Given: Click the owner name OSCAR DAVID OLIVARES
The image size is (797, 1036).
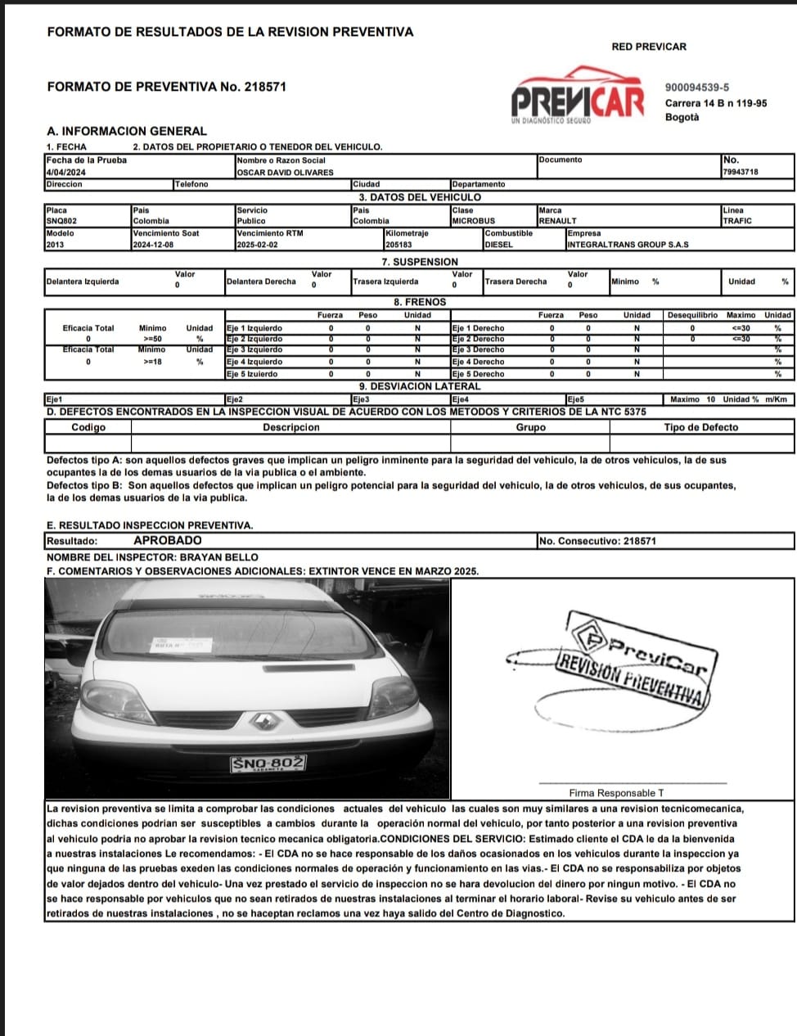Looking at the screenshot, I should coord(284,173).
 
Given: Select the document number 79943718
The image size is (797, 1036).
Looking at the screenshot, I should coord(741,173).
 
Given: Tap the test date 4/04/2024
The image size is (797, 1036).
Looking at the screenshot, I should coord(65,173).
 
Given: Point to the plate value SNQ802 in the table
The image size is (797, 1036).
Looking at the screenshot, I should coord(62,221).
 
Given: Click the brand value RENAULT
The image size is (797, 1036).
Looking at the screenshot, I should coord(557,221).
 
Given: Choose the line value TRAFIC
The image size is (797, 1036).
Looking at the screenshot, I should coord(736,221).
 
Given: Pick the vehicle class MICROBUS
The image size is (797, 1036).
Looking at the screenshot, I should coord(473,221).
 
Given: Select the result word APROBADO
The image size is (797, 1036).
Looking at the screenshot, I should coord(167,541).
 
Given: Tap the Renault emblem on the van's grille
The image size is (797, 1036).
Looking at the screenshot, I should coord(265,722).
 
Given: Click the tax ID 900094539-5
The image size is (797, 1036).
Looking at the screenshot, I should coord(697,88).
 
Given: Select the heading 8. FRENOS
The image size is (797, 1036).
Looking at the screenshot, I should coord(420,302).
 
